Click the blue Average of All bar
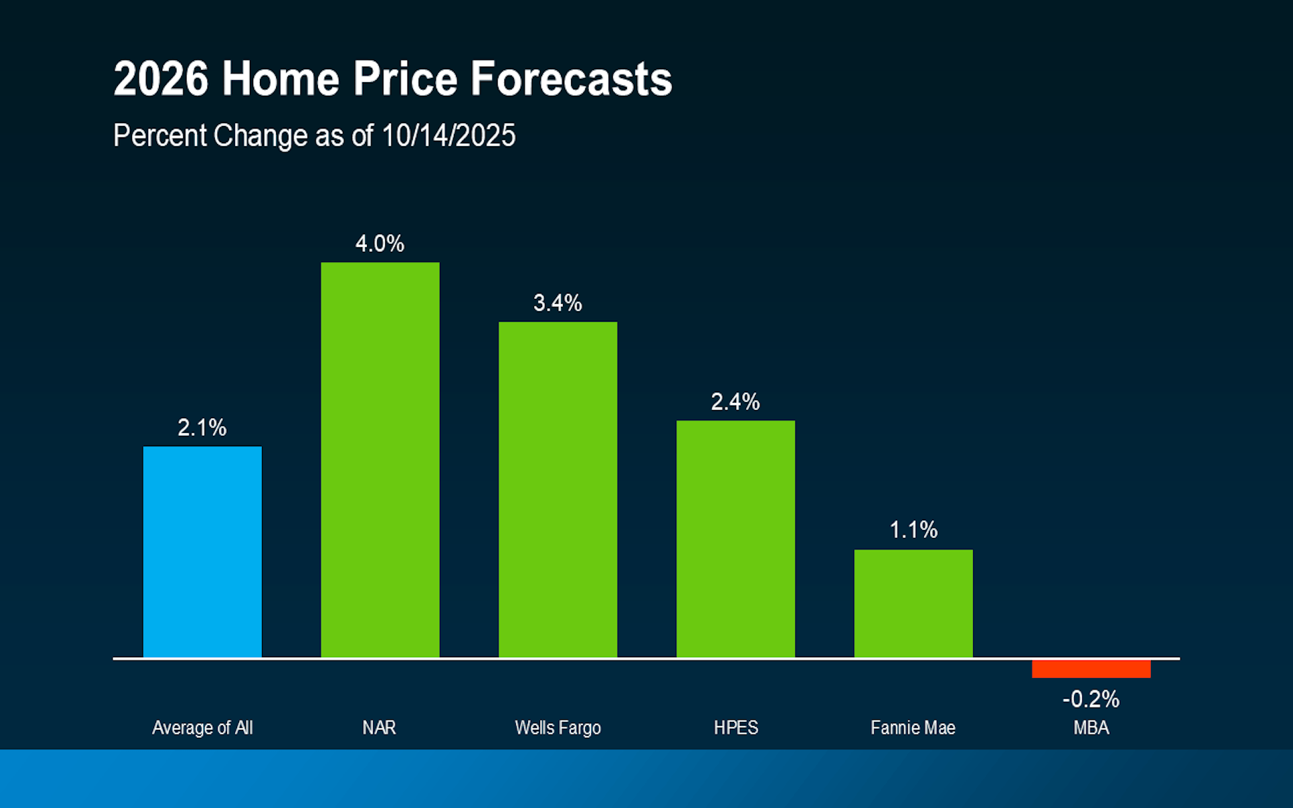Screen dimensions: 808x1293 click(202, 552)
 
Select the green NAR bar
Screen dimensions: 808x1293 click(380, 460)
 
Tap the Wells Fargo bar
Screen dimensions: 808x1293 click(558, 490)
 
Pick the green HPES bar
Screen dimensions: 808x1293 click(735, 539)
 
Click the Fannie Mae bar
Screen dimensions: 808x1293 click(913, 603)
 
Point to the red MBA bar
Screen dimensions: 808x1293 click(1091, 669)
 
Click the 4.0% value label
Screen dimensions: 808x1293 click(380, 244)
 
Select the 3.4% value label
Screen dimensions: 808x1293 click(558, 303)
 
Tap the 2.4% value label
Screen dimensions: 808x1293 click(735, 402)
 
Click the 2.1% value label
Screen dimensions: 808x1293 click(202, 428)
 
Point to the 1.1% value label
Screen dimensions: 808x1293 click(913, 530)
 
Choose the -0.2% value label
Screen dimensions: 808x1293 click(1091, 699)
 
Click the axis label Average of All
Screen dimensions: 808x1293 click(202, 728)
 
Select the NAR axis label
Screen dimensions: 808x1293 click(379, 728)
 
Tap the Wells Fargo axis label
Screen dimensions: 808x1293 click(558, 728)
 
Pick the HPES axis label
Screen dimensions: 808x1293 click(735, 728)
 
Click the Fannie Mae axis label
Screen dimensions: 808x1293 click(913, 728)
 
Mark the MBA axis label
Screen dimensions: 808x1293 click(1091, 728)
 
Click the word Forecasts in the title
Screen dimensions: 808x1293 click(571, 79)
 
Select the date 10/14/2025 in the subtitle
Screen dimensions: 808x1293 click(448, 135)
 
